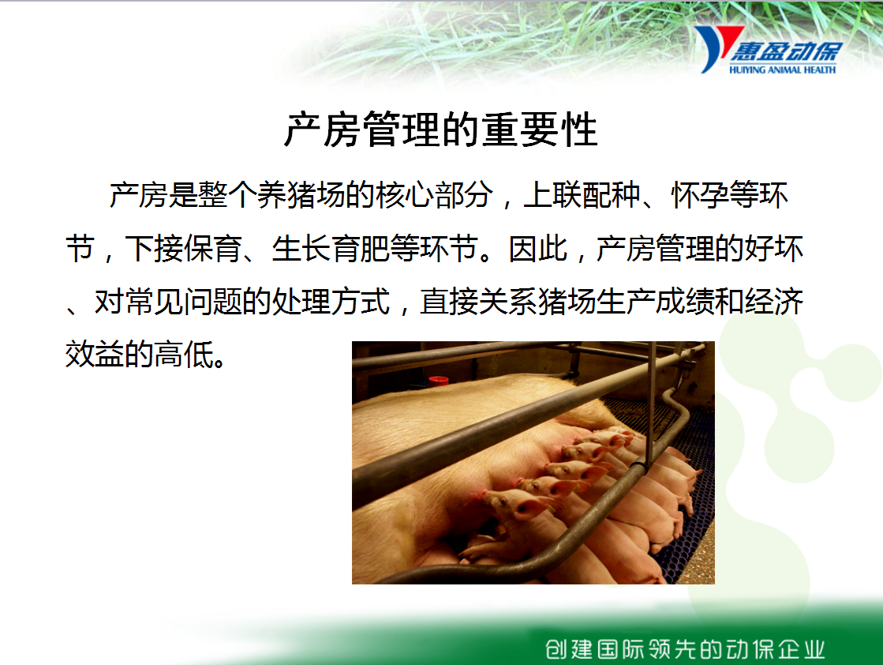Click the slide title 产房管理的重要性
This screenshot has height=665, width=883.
point(440,130)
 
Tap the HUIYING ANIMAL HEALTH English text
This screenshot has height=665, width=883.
point(782,70)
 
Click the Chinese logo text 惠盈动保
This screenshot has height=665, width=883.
point(786,51)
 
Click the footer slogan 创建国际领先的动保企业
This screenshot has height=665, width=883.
point(685,649)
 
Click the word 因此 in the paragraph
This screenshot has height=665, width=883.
point(538,249)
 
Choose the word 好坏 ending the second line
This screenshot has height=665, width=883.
point(774,249)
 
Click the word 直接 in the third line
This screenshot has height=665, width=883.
point(449,302)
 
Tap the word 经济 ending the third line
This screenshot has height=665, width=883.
point(774,302)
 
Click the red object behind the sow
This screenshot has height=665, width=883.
point(438,381)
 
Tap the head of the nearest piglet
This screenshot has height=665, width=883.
point(514,505)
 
